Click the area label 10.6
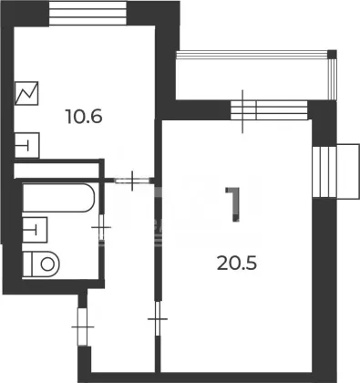[x=84, y=117]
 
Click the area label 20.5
[x=237, y=264]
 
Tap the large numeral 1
[x=233, y=204]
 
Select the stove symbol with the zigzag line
[x=26, y=93]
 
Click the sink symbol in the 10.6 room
[x=26, y=145]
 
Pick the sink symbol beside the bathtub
[x=35, y=230]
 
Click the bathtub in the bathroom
[x=58, y=198]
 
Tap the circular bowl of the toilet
[x=47, y=264]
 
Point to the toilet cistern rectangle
[x=27, y=264]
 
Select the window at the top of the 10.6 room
[x=87, y=14]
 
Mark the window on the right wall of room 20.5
[x=324, y=172]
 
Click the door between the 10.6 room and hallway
[x=132, y=181]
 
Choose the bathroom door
[x=102, y=227]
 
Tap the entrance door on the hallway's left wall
[x=83, y=326]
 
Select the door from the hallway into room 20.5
[x=158, y=318]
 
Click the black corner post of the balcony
[x=333, y=54]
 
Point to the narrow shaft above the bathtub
[x=57, y=171]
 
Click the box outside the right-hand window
[x=348, y=171]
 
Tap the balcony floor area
[x=252, y=78]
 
